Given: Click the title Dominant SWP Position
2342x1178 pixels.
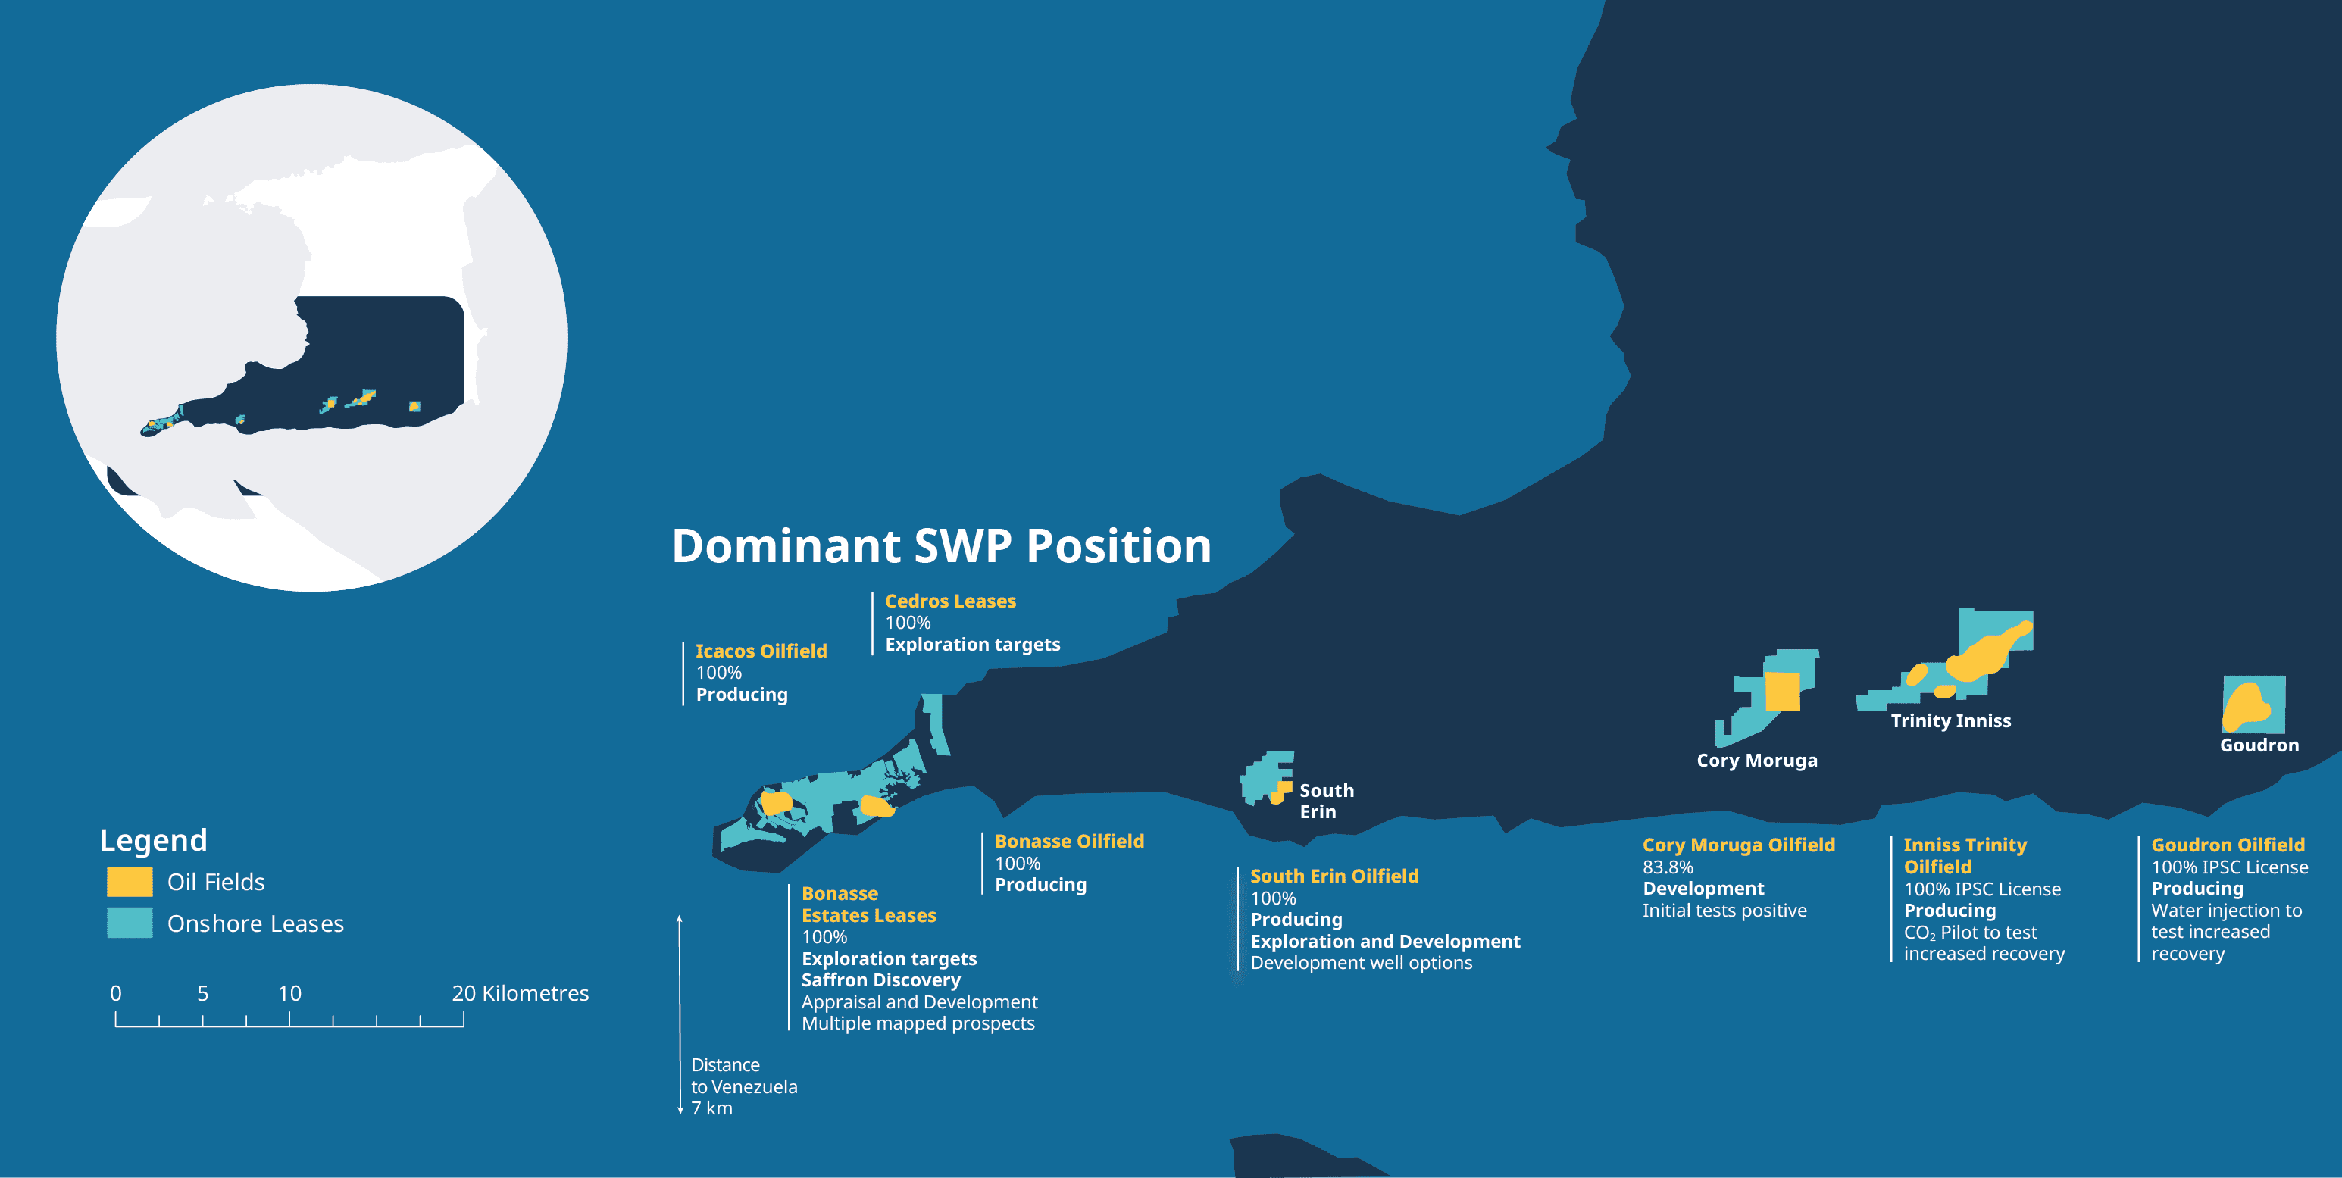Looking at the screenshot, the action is pos(941,546).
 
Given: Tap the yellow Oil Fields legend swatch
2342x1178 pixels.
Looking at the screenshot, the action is pos(129,882).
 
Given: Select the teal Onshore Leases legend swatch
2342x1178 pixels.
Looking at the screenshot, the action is pos(129,923).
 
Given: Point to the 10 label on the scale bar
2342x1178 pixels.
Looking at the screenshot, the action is pos(289,993).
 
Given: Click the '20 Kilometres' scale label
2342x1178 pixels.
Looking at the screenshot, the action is pos(520,993).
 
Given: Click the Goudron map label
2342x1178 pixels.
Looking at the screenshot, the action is pos(2259,745).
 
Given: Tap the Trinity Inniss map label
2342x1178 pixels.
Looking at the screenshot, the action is pos(1950,720).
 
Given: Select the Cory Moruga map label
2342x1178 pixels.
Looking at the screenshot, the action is pos(1756,761).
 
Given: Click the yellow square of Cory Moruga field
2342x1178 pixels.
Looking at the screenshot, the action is pos(1782,691).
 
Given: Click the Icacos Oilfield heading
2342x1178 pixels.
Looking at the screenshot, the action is pos(761,651).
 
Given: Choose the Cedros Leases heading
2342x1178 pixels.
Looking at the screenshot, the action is pos(950,601).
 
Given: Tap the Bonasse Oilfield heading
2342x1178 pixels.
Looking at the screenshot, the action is pos(1069,842).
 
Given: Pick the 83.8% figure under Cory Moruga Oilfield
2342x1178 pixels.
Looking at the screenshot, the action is pos(1668,867).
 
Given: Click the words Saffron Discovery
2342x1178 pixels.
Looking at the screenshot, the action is pos(880,980).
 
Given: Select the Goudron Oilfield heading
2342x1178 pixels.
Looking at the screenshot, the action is pos(2228,845).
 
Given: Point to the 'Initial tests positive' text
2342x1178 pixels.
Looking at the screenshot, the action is pos(1724,911).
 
